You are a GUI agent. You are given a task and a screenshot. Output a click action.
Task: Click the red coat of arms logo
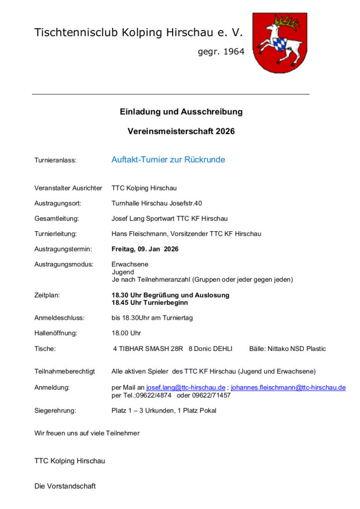(x=279, y=43)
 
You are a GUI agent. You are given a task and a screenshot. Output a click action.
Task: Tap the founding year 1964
(x=221, y=51)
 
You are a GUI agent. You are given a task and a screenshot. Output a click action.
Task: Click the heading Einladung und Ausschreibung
(x=181, y=112)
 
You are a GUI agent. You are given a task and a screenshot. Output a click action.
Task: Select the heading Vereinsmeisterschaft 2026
(x=181, y=132)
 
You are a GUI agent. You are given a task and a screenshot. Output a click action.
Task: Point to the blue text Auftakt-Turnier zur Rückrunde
(x=168, y=160)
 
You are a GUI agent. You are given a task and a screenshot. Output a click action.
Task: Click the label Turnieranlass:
(x=55, y=161)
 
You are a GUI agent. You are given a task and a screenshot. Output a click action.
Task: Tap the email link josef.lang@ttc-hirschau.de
(x=185, y=388)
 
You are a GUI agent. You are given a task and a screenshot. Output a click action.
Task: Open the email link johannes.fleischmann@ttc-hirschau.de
(x=288, y=388)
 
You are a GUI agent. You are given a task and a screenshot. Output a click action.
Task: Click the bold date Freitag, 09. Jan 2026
(x=145, y=249)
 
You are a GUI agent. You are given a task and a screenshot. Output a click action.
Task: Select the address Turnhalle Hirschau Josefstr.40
(x=157, y=203)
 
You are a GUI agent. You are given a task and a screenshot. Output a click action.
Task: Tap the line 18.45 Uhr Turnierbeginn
(x=150, y=303)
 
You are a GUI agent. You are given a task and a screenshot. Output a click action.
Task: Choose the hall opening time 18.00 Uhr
(x=126, y=333)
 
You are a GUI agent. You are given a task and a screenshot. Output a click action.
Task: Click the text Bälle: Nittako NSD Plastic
(x=287, y=349)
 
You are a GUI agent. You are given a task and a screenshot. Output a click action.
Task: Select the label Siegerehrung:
(x=55, y=411)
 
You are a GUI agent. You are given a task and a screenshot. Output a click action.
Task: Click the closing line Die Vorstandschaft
(x=65, y=486)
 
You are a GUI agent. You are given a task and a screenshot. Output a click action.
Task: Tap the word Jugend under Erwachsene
(x=123, y=272)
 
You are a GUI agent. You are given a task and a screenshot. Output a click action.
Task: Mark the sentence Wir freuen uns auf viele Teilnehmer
(x=87, y=433)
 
